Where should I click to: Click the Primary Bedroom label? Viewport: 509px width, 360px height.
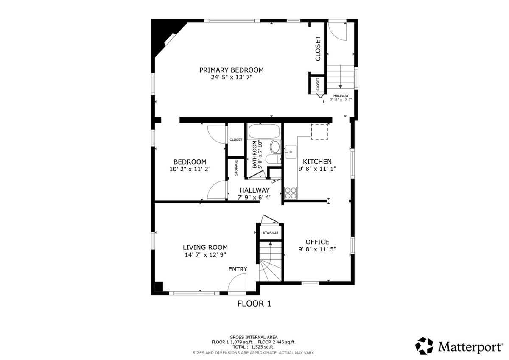pyautogui.click(x=232, y=70)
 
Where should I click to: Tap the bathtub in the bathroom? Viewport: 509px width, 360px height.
pyautogui.click(x=264, y=131)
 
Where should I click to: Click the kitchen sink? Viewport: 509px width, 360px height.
pyautogui.click(x=291, y=152)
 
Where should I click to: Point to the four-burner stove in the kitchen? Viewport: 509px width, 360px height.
pyautogui.click(x=291, y=193)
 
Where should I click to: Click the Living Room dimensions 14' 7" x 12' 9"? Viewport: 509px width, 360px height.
pyautogui.click(x=205, y=254)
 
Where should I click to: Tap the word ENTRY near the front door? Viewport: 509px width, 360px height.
pyautogui.click(x=238, y=269)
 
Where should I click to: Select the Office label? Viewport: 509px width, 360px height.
pyautogui.click(x=317, y=242)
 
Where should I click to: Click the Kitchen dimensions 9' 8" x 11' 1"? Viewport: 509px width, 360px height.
pyautogui.click(x=317, y=169)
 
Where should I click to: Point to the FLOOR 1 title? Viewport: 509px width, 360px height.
pyautogui.click(x=254, y=304)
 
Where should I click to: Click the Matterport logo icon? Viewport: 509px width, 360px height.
pyautogui.click(x=424, y=346)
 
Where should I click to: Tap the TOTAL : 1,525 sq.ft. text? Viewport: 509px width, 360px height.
pyautogui.click(x=253, y=347)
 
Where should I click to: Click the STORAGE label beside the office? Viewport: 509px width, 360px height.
pyautogui.click(x=271, y=233)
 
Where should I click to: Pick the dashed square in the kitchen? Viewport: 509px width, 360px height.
pyautogui.click(x=319, y=131)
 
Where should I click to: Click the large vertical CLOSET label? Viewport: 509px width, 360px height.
pyautogui.click(x=318, y=48)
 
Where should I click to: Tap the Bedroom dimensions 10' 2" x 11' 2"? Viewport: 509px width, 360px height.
pyautogui.click(x=190, y=169)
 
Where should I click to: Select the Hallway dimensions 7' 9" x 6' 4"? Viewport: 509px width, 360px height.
pyautogui.click(x=255, y=197)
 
